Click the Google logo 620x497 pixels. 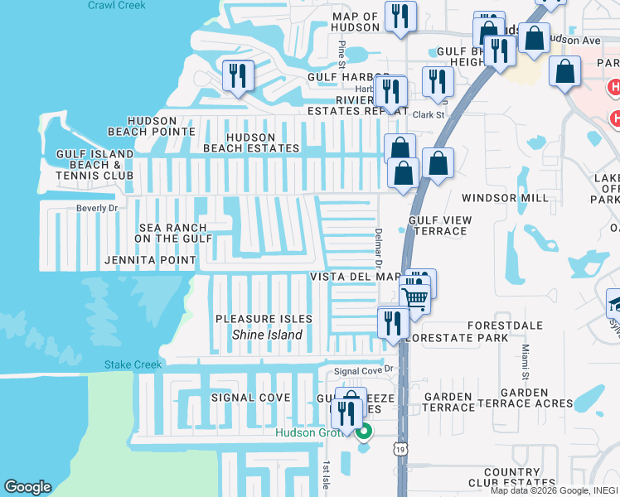(27, 487)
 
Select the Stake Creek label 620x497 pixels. (131, 364)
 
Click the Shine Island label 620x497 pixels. (267, 335)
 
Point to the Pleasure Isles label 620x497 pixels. (264, 319)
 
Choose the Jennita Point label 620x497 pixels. (151, 260)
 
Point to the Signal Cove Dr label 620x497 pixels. (361, 370)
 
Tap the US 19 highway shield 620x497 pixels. (402, 448)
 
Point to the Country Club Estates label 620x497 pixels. (512, 478)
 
